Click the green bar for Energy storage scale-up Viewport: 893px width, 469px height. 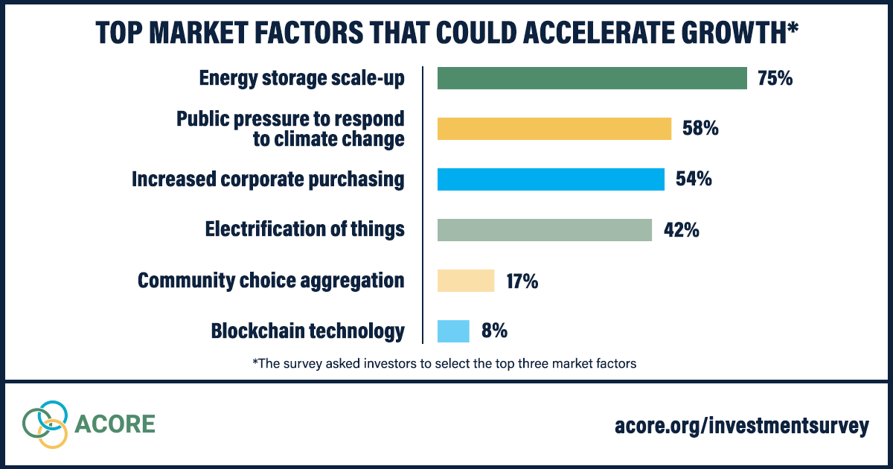coord(592,78)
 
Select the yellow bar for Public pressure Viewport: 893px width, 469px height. coord(554,129)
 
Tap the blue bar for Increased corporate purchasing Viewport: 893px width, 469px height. coord(551,179)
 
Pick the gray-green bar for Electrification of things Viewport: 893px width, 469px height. coord(545,230)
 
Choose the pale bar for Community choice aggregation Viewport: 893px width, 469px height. coord(466,281)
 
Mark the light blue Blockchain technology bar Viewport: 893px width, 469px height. coord(453,331)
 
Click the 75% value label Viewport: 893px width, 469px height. coord(775,78)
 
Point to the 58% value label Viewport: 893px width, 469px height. coord(700,129)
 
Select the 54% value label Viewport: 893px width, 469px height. coord(694,179)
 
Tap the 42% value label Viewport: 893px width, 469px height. coord(681,230)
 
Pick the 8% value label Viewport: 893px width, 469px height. coord(494,331)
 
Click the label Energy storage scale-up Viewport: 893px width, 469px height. coord(302,78)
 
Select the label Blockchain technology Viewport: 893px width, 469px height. coord(308,331)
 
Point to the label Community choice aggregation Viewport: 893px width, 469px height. coord(272,281)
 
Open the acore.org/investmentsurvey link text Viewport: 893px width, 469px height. coord(741,426)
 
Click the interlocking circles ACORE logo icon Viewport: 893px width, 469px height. coord(45,424)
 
